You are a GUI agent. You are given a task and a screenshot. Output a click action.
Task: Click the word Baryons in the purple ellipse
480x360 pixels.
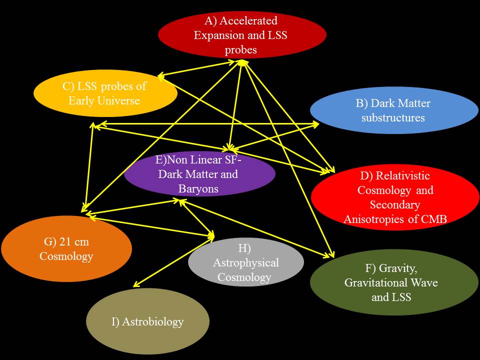pos(198,189)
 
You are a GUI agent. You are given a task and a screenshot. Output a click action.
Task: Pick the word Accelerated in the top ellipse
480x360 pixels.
pos(248,21)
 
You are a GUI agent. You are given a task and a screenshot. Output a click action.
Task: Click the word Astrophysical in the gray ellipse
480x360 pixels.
pos(246,262)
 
